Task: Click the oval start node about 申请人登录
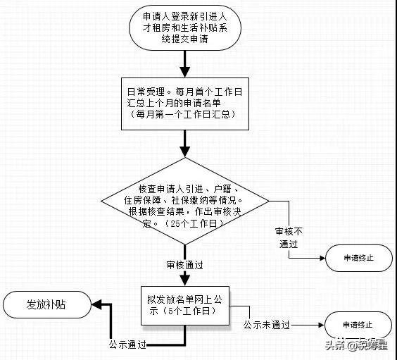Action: (x=185, y=27)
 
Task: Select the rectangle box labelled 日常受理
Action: (x=185, y=104)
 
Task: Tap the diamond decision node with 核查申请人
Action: (x=185, y=201)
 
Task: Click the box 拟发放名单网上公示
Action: (x=185, y=306)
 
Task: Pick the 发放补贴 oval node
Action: (x=47, y=304)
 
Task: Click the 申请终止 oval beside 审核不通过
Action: (x=359, y=258)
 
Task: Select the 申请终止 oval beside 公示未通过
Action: (x=358, y=325)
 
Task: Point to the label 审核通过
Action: (x=185, y=265)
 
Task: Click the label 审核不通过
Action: (x=289, y=237)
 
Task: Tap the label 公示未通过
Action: (x=267, y=325)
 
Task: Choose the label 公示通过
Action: (x=127, y=345)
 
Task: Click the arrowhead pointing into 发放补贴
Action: (x=96, y=305)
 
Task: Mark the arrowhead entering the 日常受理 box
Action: (x=185, y=72)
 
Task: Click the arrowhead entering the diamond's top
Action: (x=185, y=152)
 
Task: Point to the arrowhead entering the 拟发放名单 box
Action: (x=185, y=280)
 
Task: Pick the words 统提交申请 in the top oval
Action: (x=185, y=39)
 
